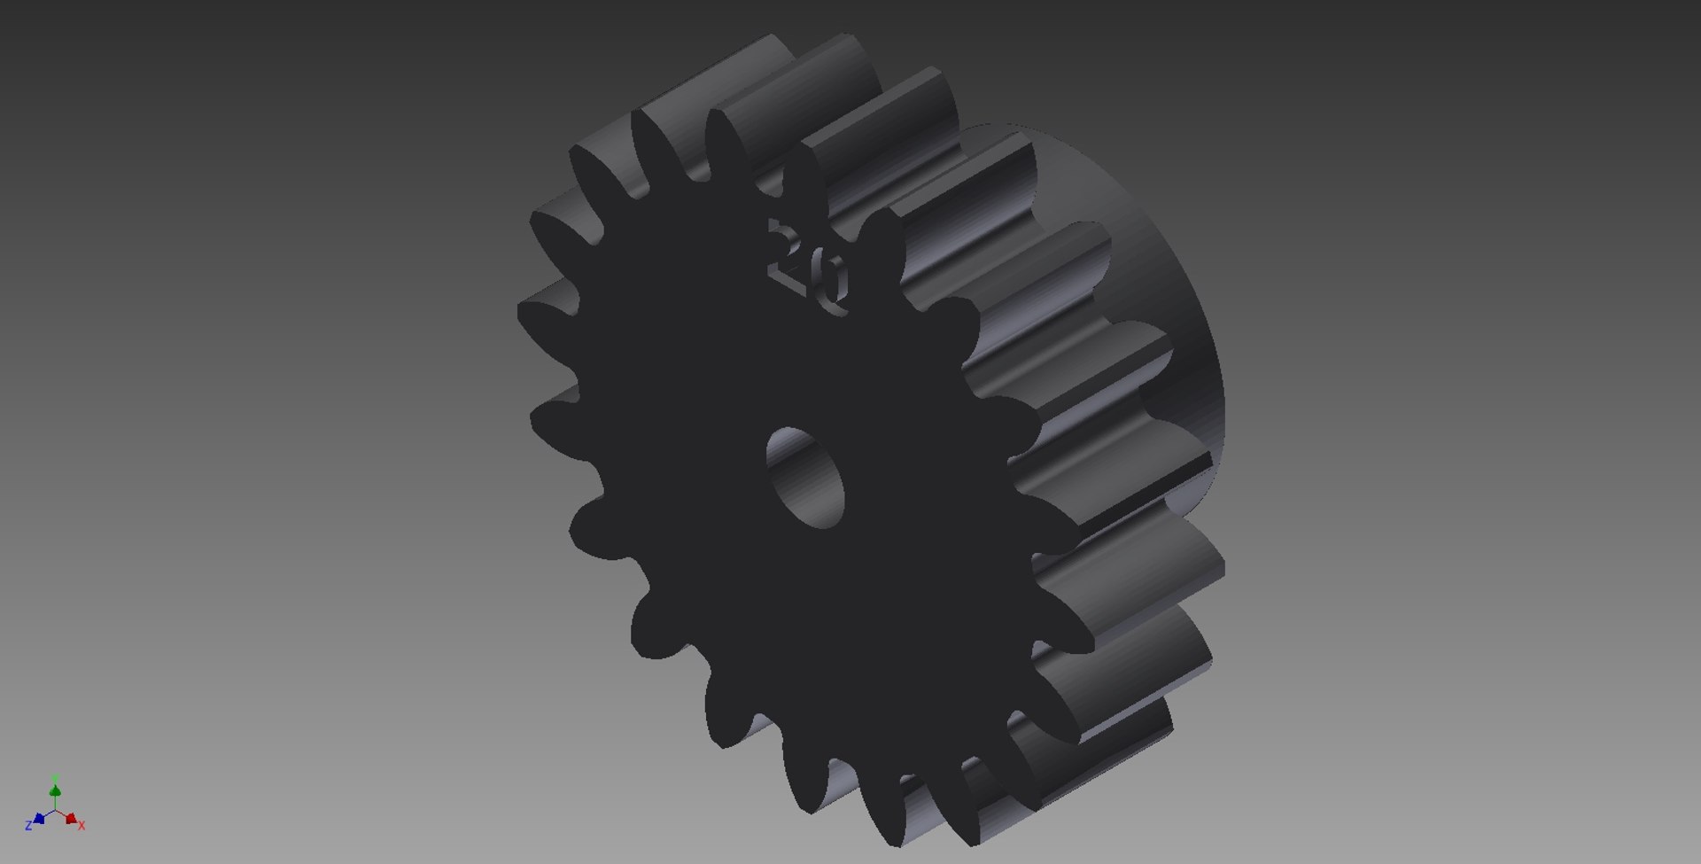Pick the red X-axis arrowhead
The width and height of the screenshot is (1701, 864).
click(71, 818)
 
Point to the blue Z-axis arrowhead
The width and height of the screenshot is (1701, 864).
click(39, 818)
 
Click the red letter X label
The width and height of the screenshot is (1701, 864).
click(82, 825)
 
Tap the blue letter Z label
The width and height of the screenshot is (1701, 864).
click(28, 825)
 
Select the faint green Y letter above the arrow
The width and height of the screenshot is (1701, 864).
click(55, 777)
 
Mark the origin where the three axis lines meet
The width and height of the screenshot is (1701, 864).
click(55, 810)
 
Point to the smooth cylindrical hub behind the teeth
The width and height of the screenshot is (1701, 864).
click(1178, 266)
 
